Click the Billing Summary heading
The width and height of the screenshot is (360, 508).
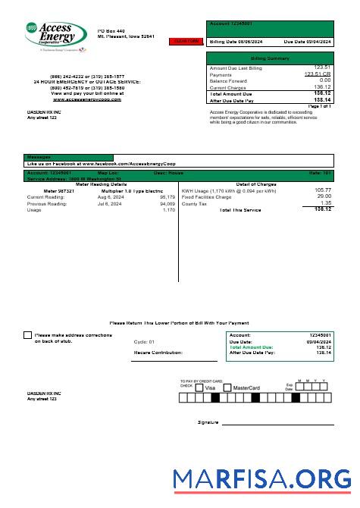tap(270, 58)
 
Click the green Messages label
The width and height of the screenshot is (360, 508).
tap(39, 157)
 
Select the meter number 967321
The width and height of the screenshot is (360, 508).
tap(59, 190)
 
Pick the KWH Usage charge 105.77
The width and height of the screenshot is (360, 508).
tap(323, 190)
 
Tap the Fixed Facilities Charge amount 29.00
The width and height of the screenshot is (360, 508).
tap(324, 196)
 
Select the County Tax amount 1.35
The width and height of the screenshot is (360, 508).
tap(326, 203)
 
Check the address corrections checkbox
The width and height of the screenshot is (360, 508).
tap(28, 334)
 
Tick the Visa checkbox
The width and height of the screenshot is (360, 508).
tap(199, 387)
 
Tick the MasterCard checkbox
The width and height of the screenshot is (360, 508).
tap(226, 387)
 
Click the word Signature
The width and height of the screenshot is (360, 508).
tap(208, 422)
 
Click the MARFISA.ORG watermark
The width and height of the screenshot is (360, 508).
tap(261, 478)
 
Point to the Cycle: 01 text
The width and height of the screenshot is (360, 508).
tap(144, 342)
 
